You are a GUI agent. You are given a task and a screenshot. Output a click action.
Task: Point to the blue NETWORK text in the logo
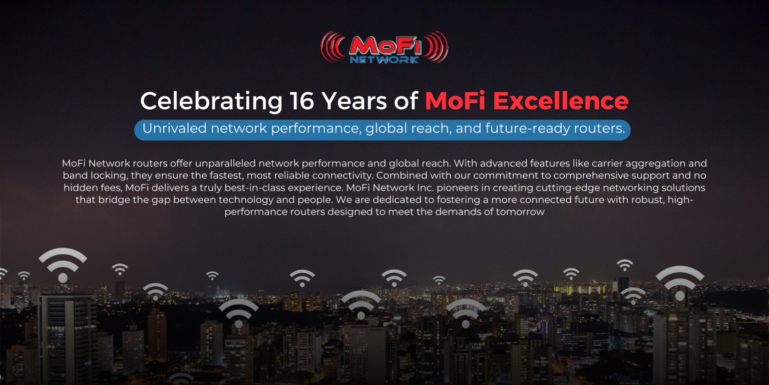point(384,59)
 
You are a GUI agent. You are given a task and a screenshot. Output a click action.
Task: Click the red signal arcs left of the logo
point(331,47)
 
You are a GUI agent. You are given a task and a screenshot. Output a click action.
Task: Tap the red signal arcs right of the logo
point(438,47)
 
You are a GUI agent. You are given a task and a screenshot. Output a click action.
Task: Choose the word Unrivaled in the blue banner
point(174,129)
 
